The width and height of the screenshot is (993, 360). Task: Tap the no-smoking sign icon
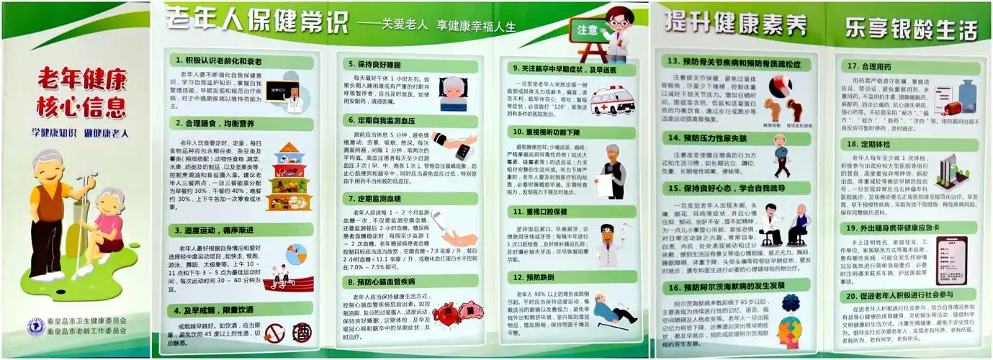click(x=274, y=333)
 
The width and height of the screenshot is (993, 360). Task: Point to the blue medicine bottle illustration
click(x=966, y=94)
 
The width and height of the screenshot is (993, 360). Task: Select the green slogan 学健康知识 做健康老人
click(x=80, y=133)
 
